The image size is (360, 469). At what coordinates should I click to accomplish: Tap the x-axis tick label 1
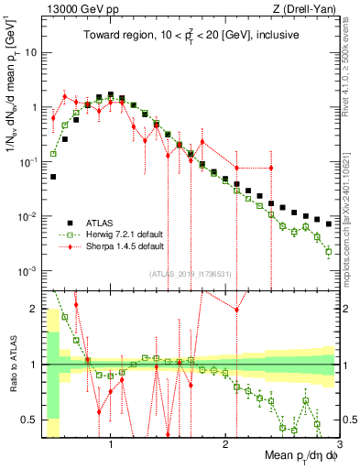(111, 444)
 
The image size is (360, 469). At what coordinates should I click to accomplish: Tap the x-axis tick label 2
(225, 444)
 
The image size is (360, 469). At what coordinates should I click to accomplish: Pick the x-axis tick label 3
(338, 444)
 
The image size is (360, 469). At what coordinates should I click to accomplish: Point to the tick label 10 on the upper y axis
(32, 52)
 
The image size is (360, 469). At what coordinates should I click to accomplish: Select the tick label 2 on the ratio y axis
(35, 309)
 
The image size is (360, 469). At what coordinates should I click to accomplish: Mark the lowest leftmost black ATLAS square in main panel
(53, 177)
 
